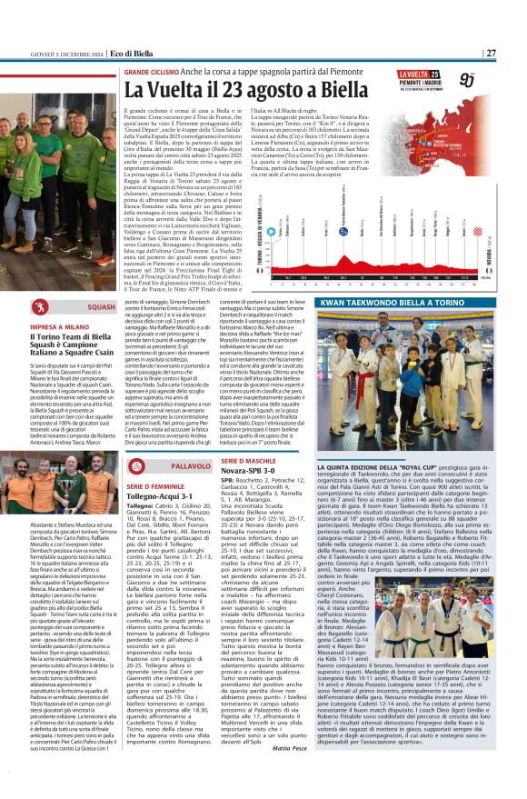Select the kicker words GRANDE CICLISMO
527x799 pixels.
(x=152, y=70)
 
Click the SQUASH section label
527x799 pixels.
(x=101, y=307)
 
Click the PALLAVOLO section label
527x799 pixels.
(x=190, y=465)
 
